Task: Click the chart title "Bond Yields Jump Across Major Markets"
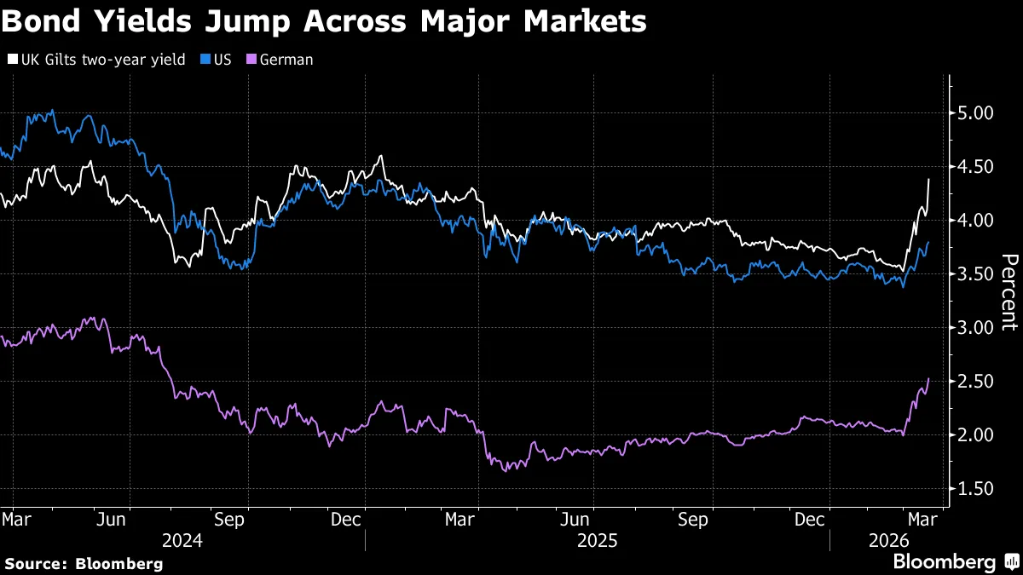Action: [x=323, y=22]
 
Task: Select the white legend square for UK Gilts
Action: [x=12, y=60]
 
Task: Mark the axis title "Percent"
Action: [x=1009, y=292]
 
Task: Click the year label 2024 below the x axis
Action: [x=181, y=540]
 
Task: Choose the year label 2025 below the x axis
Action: [x=596, y=540]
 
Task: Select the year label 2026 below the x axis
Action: [x=887, y=540]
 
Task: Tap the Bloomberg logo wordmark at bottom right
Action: [x=944, y=562]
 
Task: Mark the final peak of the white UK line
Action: [x=928, y=180]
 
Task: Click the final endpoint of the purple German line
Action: [x=928, y=379]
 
